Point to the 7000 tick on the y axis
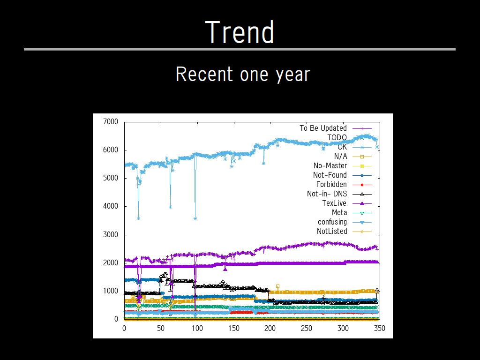pos(111,122)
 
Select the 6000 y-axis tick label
pos(111,150)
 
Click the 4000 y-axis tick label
pos(111,206)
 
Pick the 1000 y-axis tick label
pos(111,291)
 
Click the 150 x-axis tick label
pos(233,328)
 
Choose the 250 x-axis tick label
pos(306,328)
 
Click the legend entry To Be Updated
pos(323,128)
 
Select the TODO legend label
pos(337,137)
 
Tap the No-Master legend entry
pos(330,165)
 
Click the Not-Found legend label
pos(330,175)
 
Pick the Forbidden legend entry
pos(331,184)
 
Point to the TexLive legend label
pos(334,203)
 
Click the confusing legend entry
pos(332,222)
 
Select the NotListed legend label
pos(332,231)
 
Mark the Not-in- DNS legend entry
pos(327,194)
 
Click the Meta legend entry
pos(339,212)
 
